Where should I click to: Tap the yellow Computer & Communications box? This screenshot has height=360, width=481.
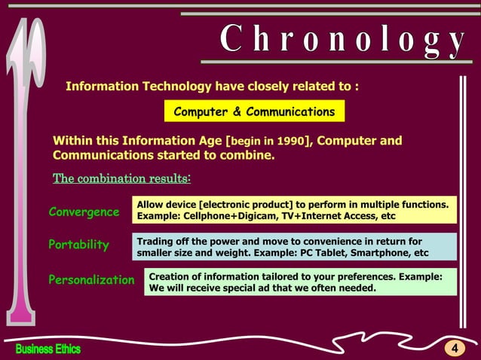254,112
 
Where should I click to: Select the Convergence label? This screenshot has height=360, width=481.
84,212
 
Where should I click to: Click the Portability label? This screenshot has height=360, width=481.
78,245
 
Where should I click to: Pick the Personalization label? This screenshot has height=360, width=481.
91,279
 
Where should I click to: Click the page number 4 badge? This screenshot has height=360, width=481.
455,348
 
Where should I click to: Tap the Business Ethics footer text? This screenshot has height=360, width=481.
48,349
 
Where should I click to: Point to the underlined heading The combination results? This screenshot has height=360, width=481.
121,179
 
